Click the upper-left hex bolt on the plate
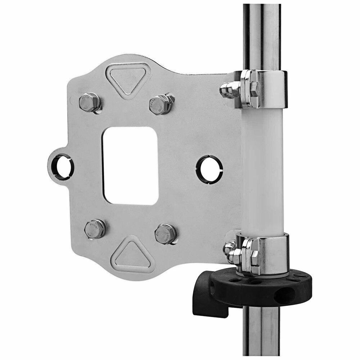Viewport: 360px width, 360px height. (x=89, y=102)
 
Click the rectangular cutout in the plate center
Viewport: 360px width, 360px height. (x=130, y=166)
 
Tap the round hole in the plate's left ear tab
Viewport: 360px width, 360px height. (x=61, y=167)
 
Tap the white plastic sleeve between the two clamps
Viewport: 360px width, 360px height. (x=263, y=169)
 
